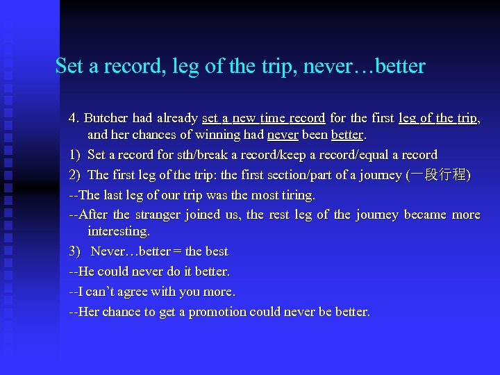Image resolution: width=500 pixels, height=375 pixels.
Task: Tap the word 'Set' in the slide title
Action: pyautogui.click(x=69, y=67)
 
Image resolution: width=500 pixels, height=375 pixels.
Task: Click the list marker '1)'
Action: pyautogui.click(x=74, y=155)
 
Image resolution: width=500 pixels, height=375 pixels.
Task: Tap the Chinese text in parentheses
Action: pyautogui.click(x=438, y=175)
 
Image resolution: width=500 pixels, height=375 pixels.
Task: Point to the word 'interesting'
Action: pyautogui.click(x=118, y=231)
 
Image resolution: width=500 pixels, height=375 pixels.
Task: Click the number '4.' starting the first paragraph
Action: pyautogui.click(x=74, y=119)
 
